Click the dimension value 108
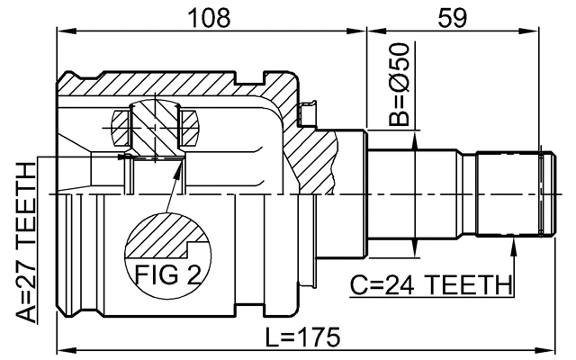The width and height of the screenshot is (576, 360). tap(211, 16)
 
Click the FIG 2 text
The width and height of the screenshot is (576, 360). tap(166, 273)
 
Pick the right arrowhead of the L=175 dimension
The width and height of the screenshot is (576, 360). tap(541, 349)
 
